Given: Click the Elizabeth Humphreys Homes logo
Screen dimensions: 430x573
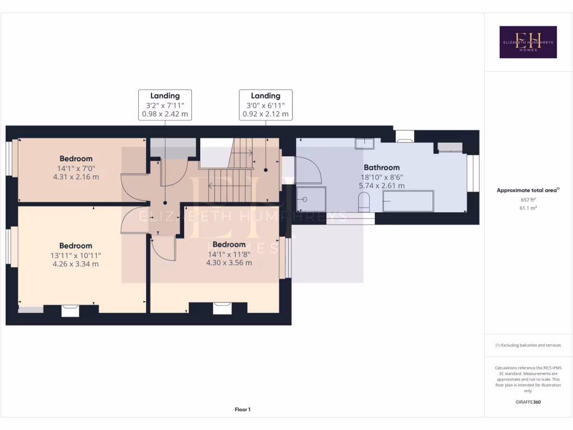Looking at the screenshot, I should click(528, 42).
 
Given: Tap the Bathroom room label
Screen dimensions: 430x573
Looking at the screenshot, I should click(382, 167).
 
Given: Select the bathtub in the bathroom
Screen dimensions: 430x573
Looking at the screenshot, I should click(408, 201).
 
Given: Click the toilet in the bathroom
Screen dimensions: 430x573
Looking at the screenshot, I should click(364, 201).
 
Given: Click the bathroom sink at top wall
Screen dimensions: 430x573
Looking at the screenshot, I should click(367, 143).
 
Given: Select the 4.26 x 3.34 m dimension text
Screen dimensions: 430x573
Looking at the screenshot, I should click(76, 264).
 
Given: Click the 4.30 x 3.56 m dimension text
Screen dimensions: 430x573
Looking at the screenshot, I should click(229, 262).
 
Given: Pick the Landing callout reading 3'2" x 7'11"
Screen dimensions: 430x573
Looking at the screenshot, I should click(165, 105).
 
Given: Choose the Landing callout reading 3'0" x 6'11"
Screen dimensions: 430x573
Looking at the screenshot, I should click(265, 105).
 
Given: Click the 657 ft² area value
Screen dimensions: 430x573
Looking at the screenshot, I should click(528, 200).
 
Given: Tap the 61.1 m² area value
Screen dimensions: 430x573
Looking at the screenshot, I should click(528, 208).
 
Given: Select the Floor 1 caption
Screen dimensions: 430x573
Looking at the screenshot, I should click(242, 410).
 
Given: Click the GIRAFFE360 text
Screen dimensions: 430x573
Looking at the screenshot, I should click(528, 402).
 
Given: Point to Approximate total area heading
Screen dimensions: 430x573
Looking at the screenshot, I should click(528, 190).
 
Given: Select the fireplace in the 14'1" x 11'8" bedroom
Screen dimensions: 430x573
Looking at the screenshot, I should click(222, 307).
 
